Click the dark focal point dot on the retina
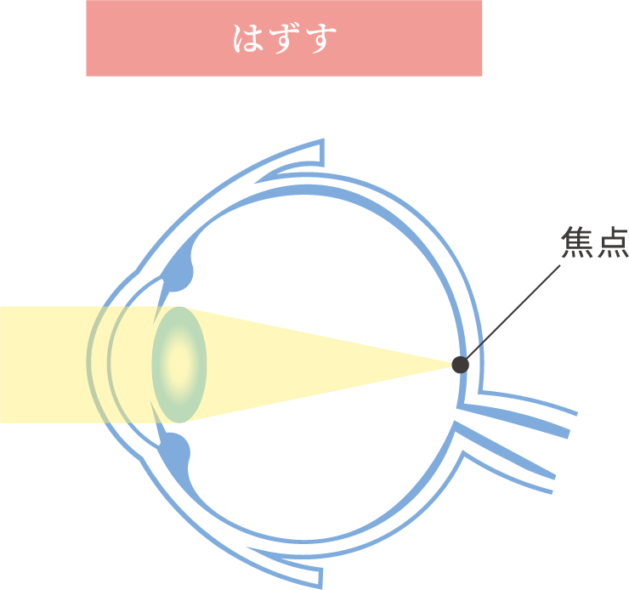[460, 365]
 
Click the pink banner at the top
[284, 38]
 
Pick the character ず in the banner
[285, 39]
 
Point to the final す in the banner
[320, 39]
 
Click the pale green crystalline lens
[179, 364]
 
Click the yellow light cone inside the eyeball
[323, 364]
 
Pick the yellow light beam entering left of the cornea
[42, 364]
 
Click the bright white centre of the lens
[177, 362]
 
